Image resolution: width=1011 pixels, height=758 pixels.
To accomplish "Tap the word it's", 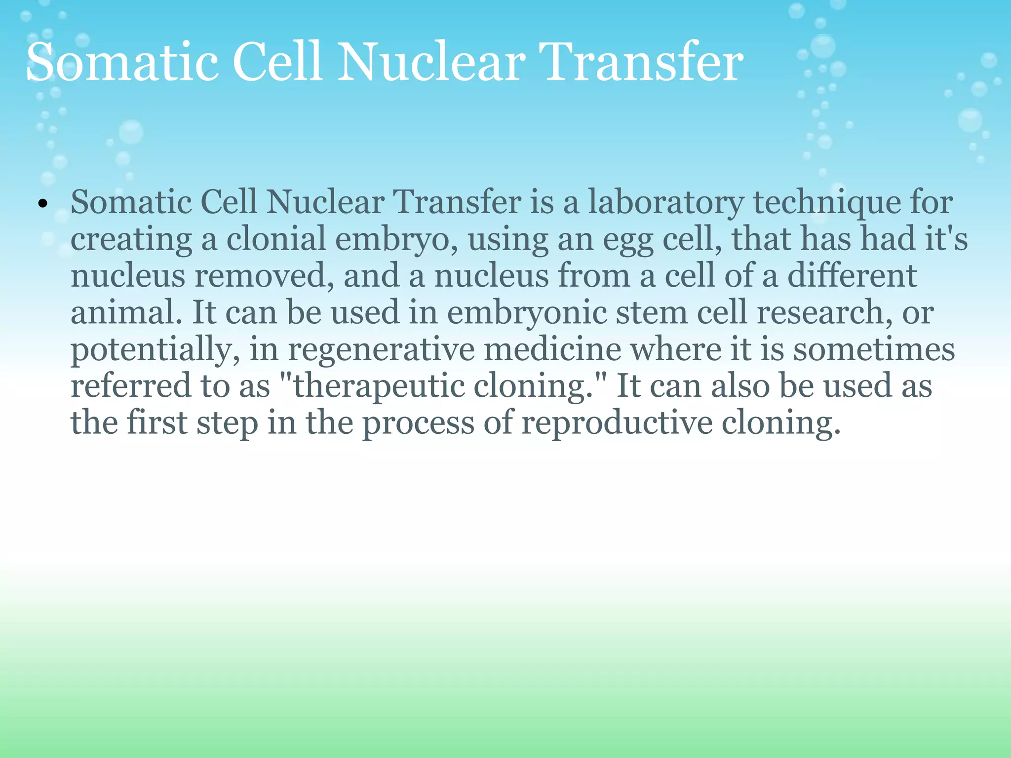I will click(x=945, y=239).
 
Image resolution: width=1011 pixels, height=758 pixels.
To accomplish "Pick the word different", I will click(x=852, y=276).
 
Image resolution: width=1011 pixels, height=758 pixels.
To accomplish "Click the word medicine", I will click(x=552, y=349).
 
